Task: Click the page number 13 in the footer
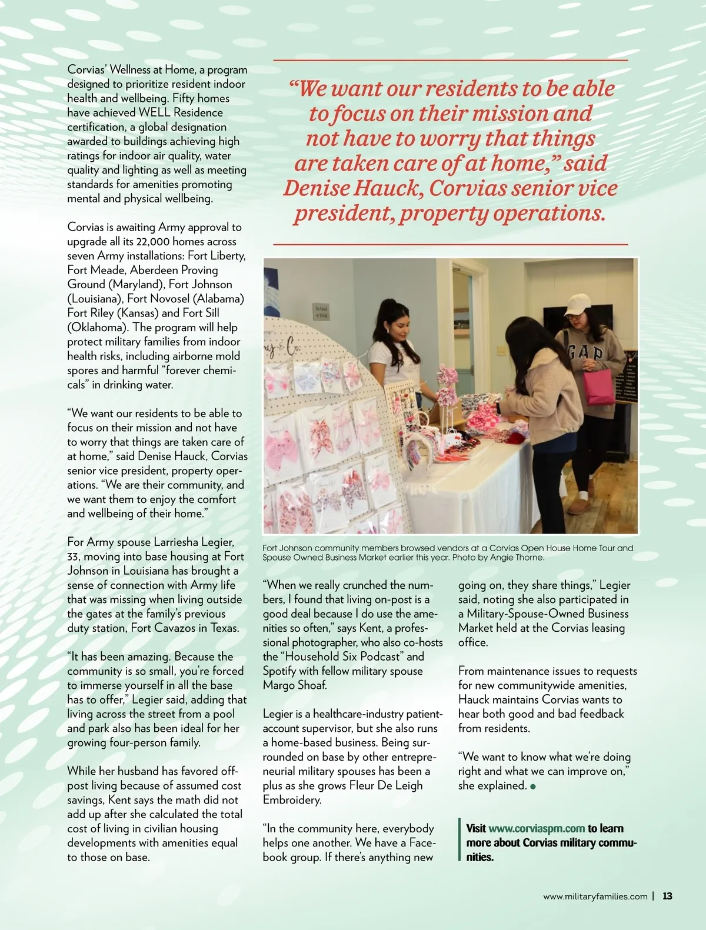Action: (x=667, y=896)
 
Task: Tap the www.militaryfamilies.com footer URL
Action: (x=595, y=896)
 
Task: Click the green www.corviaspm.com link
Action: (x=537, y=828)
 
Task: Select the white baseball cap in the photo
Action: (x=577, y=305)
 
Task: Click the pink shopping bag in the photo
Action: (x=599, y=386)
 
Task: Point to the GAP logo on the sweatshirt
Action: (x=585, y=353)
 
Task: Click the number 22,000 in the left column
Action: (x=153, y=242)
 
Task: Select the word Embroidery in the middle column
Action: (x=292, y=800)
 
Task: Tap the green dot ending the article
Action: (x=533, y=786)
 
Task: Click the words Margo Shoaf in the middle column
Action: (x=294, y=685)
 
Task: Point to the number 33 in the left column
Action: (x=75, y=556)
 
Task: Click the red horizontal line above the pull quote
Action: (x=451, y=60)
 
